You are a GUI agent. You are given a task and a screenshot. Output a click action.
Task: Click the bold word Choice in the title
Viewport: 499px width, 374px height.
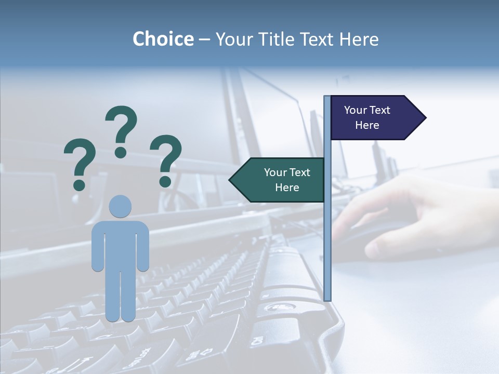(x=163, y=39)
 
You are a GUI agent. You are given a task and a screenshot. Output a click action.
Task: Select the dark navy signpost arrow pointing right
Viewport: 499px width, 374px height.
(x=374, y=117)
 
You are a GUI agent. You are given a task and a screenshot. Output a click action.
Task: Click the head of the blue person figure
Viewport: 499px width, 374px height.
(x=120, y=207)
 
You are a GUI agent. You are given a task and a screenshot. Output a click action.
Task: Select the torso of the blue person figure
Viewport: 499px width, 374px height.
(x=120, y=244)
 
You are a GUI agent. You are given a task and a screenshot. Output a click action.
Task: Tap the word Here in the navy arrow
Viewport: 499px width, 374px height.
(x=367, y=125)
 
